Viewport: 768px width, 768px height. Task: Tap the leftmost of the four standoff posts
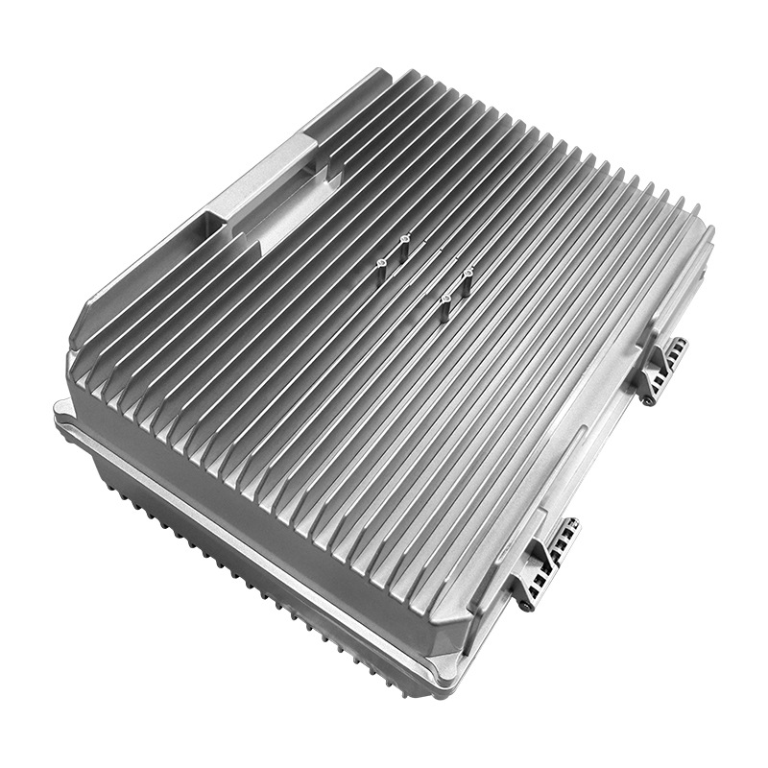pos(382,260)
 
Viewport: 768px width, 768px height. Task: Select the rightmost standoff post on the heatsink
pos(468,276)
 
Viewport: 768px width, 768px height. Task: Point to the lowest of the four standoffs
pos(446,306)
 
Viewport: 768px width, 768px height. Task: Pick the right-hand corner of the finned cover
pos(708,230)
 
